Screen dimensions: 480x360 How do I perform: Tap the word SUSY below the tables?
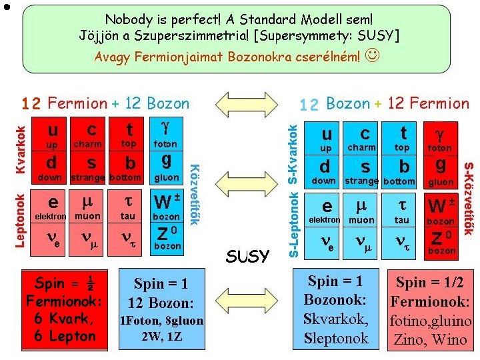click(x=247, y=256)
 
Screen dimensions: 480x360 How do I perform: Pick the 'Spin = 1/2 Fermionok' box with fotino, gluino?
click(x=431, y=310)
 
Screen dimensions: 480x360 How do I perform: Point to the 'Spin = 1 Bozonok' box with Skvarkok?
click(x=335, y=309)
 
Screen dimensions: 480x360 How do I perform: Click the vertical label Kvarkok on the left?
click(x=21, y=150)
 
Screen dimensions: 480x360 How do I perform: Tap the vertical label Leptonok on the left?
click(x=21, y=220)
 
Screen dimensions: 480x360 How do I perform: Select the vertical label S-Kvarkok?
click(x=292, y=153)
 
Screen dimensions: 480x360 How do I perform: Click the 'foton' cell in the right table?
click(x=439, y=139)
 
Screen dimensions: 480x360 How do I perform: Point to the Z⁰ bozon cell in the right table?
click(x=441, y=242)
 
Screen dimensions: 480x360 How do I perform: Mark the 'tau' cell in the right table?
click(x=402, y=211)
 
